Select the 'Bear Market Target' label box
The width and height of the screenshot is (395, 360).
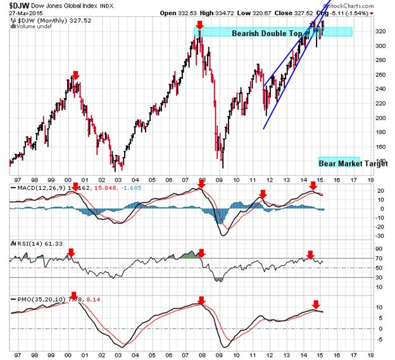click(x=339, y=162)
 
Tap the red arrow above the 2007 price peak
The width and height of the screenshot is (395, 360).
click(x=200, y=25)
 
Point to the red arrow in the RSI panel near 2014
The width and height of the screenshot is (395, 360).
click(x=310, y=255)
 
